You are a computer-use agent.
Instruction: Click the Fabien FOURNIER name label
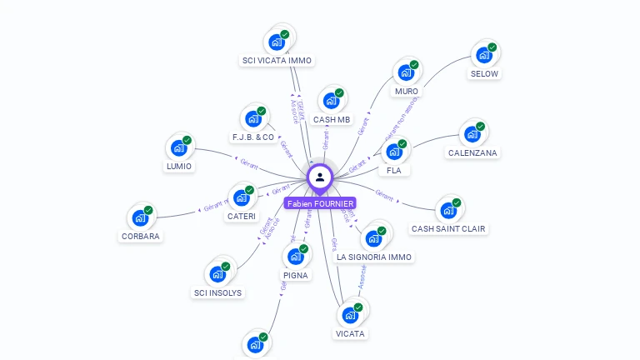320,203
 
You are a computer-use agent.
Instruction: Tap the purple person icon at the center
320,177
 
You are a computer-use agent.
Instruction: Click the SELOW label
484,73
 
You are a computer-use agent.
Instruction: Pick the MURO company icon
406,72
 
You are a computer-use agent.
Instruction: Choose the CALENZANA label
472,152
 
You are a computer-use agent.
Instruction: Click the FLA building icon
394,152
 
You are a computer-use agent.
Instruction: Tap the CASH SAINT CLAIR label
448,228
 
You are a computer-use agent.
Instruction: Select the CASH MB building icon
332,101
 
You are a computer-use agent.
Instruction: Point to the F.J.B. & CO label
253,137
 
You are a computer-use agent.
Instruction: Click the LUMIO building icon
179,147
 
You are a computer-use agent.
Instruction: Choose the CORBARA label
140,236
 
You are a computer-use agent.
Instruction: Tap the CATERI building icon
242,197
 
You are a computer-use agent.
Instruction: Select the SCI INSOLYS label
217,292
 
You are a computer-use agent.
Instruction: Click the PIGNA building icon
296,257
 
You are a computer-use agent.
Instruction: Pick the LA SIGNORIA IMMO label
374,257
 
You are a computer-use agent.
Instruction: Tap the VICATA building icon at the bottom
350,315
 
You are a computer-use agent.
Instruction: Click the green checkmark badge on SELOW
492,47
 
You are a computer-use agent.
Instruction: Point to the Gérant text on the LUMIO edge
248,162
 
